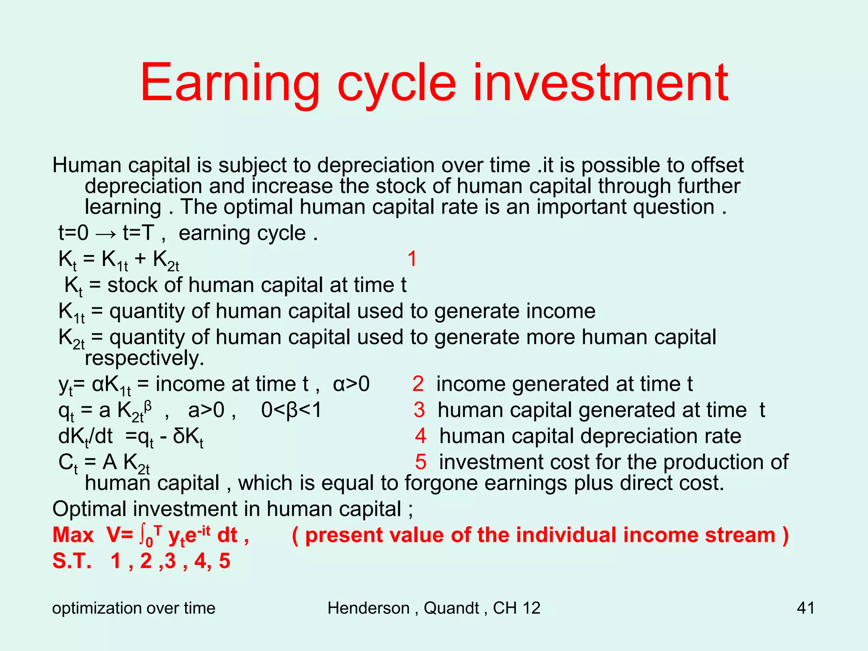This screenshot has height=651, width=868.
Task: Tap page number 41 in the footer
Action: pos(805,608)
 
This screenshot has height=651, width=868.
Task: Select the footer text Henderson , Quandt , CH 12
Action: pos(434,608)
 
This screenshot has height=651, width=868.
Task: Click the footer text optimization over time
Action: pos(134,608)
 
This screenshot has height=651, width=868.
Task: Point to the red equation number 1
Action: pos(412,259)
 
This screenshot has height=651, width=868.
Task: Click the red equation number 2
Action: pos(417,384)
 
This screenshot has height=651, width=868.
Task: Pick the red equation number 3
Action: pos(419,410)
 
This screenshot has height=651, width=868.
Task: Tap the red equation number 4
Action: pos(420,436)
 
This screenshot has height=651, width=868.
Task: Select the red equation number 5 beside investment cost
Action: pos(420,462)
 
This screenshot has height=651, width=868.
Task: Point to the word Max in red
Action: pos(73,535)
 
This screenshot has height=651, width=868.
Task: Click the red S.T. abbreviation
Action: pos(72,561)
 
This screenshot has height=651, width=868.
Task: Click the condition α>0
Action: pos(351,384)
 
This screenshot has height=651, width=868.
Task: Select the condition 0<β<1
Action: pos(291,410)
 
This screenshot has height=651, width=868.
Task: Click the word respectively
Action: pos(144,358)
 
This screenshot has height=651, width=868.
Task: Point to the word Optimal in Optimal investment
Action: pos(89,509)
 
